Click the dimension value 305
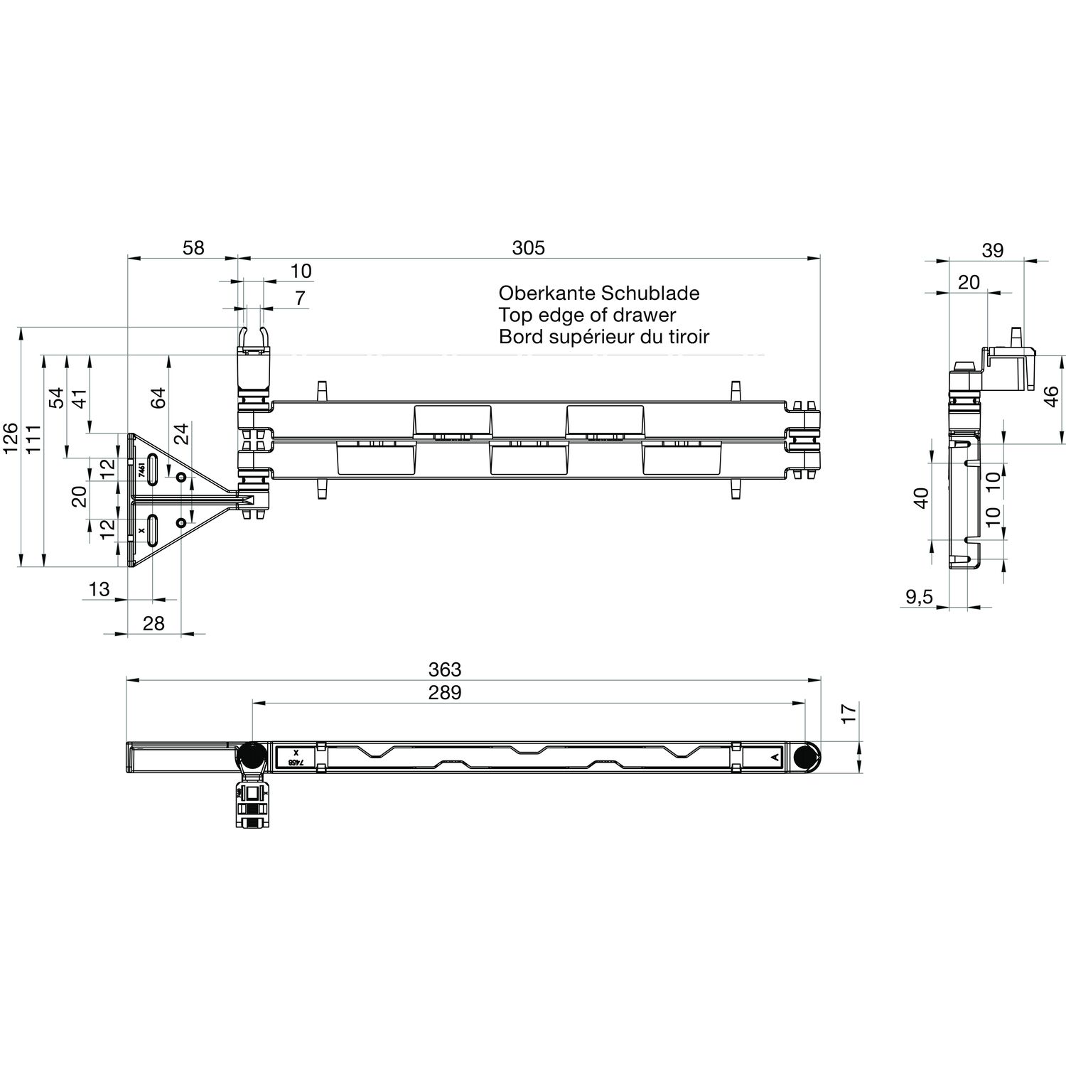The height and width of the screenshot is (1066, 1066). (x=528, y=247)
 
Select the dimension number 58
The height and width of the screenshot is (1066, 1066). (x=193, y=247)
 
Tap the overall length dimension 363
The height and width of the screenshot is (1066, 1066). (x=445, y=669)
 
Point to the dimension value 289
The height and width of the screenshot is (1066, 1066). (x=445, y=692)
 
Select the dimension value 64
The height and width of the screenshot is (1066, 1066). (x=157, y=397)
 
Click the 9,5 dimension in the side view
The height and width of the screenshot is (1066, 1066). (x=919, y=598)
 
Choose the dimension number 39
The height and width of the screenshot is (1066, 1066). (x=993, y=250)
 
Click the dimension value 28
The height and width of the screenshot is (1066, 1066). (x=154, y=623)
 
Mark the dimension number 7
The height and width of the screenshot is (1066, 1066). (x=300, y=298)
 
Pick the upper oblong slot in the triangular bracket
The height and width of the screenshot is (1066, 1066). (x=153, y=470)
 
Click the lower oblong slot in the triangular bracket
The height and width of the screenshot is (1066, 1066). (x=153, y=531)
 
